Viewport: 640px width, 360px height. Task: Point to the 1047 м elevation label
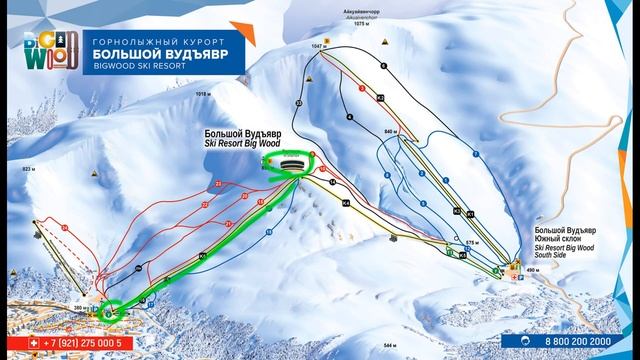click(319, 47)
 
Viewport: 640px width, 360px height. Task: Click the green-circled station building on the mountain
click(292, 163)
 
